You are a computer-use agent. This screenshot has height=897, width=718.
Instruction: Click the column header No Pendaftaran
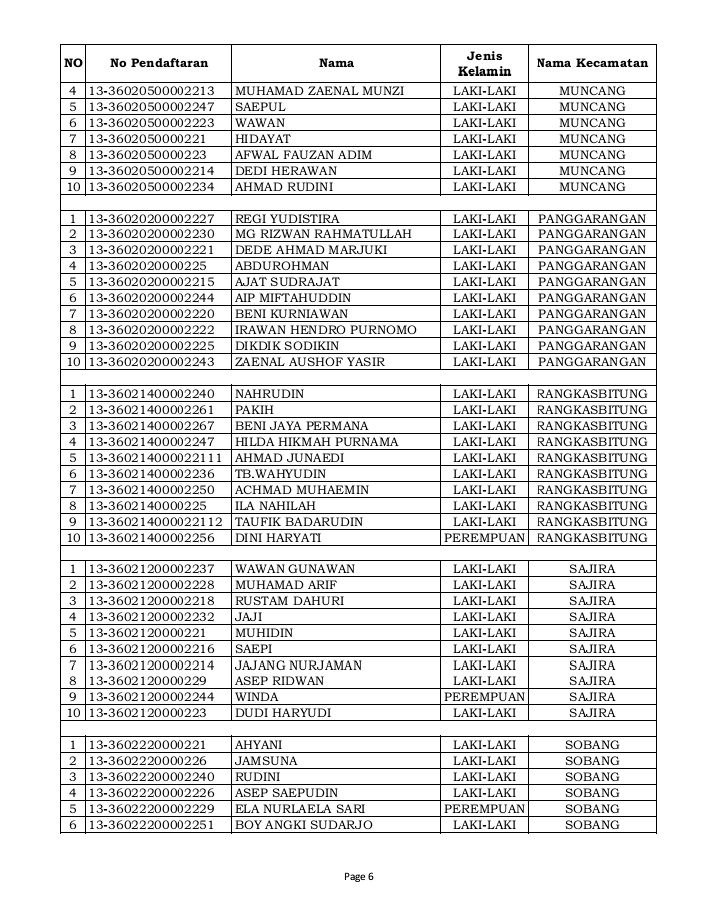(159, 63)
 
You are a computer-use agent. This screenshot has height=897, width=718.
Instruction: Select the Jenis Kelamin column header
(484, 63)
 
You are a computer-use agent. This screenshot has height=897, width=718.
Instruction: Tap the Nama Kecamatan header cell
(592, 63)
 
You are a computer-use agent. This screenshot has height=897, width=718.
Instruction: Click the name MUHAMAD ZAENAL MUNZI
(319, 91)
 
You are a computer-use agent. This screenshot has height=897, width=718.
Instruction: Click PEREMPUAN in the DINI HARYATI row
(484, 538)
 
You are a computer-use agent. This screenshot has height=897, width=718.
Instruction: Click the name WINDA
(256, 697)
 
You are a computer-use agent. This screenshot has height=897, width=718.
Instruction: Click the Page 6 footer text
(358, 877)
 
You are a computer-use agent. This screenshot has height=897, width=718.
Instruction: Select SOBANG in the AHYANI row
(592, 745)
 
